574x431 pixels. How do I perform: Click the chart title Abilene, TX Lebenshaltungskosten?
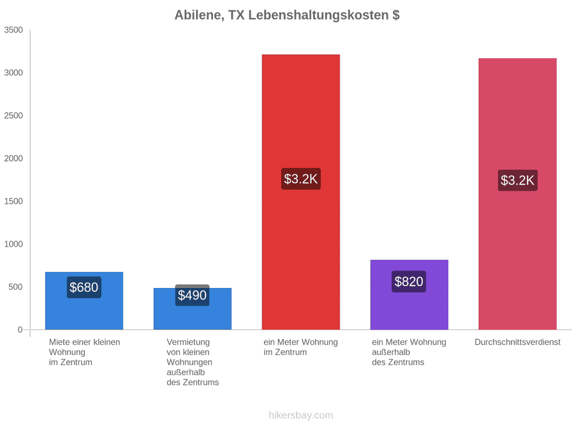pyautogui.click(x=287, y=15)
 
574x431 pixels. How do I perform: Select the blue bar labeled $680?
pyautogui.click(x=84, y=301)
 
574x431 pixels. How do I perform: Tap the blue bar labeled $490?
pyautogui.click(x=193, y=309)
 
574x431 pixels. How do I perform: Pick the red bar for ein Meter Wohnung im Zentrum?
pyautogui.click(x=301, y=192)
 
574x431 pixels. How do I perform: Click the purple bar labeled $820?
pyautogui.click(x=409, y=294)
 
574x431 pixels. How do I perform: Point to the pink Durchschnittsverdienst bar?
pyautogui.click(x=518, y=194)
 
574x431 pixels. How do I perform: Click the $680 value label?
pyautogui.click(x=84, y=287)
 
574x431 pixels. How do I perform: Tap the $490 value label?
pyautogui.click(x=192, y=295)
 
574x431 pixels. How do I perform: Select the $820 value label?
pyautogui.click(x=409, y=282)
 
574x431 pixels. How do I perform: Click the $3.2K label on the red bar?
pyautogui.click(x=301, y=179)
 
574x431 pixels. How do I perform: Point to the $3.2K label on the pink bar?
pyautogui.click(x=518, y=180)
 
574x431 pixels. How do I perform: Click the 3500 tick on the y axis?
pyautogui.click(x=13, y=30)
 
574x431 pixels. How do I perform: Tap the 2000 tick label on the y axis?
pyautogui.click(x=13, y=158)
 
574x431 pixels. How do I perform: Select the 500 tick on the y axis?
pyautogui.click(x=16, y=287)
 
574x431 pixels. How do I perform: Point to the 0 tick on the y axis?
pyautogui.click(x=20, y=330)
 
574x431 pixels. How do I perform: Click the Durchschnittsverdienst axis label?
pyautogui.click(x=518, y=342)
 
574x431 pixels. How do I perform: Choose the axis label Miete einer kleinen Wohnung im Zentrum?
pyautogui.click(x=85, y=352)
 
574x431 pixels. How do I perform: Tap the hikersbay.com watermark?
pyautogui.click(x=301, y=415)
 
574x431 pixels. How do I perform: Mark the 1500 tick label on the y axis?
pyautogui.click(x=13, y=201)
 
